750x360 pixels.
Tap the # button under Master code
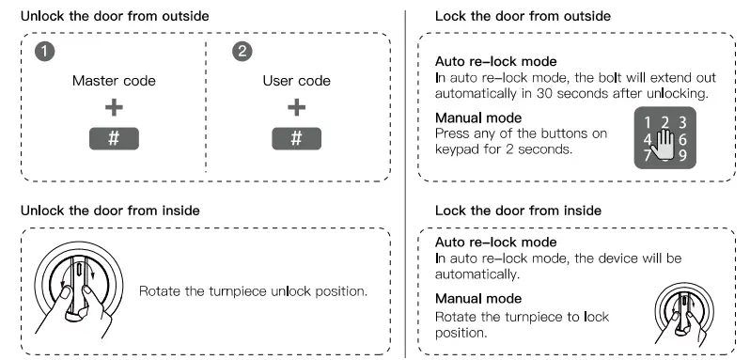click(x=114, y=137)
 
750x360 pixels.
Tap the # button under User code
click(x=296, y=137)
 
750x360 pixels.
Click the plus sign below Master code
click(x=114, y=108)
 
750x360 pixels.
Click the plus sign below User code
click(x=296, y=108)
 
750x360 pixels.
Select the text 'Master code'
click(x=114, y=81)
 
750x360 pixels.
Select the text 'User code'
click(x=296, y=81)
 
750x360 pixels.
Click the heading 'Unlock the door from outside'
click(x=108, y=16)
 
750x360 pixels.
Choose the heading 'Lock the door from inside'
click(x=518, y=211)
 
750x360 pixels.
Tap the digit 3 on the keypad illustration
click(x=682, y=121)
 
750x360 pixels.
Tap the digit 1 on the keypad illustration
click(x=648, y=121)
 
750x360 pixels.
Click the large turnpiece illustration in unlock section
click(x=78, y=288)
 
